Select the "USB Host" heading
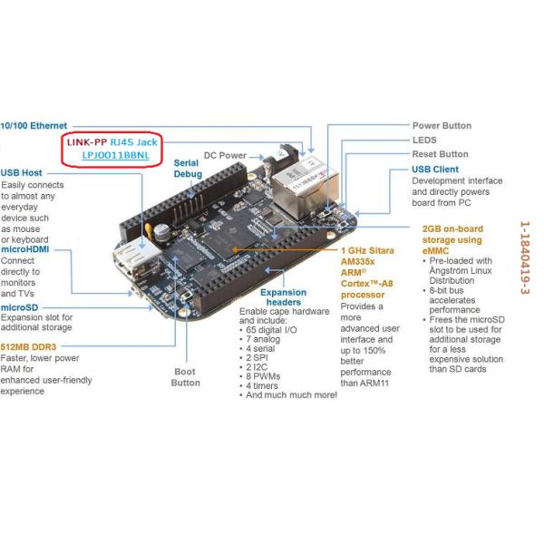[24, 172]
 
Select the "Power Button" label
[442, 125]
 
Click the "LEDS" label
[424, 140]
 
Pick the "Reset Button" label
[440, 154]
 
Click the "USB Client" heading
[435, 169]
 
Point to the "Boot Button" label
[186, 377]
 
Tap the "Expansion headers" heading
[283, 298]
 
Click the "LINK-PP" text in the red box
[87, 141]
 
